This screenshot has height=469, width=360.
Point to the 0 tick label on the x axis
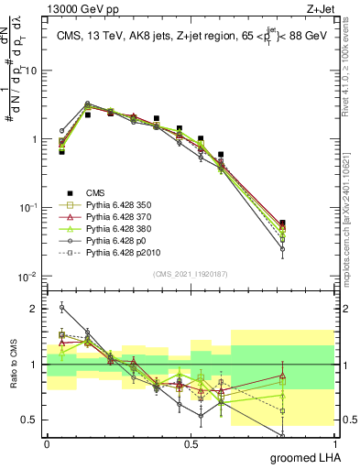47,443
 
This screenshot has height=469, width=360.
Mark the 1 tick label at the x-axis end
334,443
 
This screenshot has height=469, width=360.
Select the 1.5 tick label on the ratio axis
31,336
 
